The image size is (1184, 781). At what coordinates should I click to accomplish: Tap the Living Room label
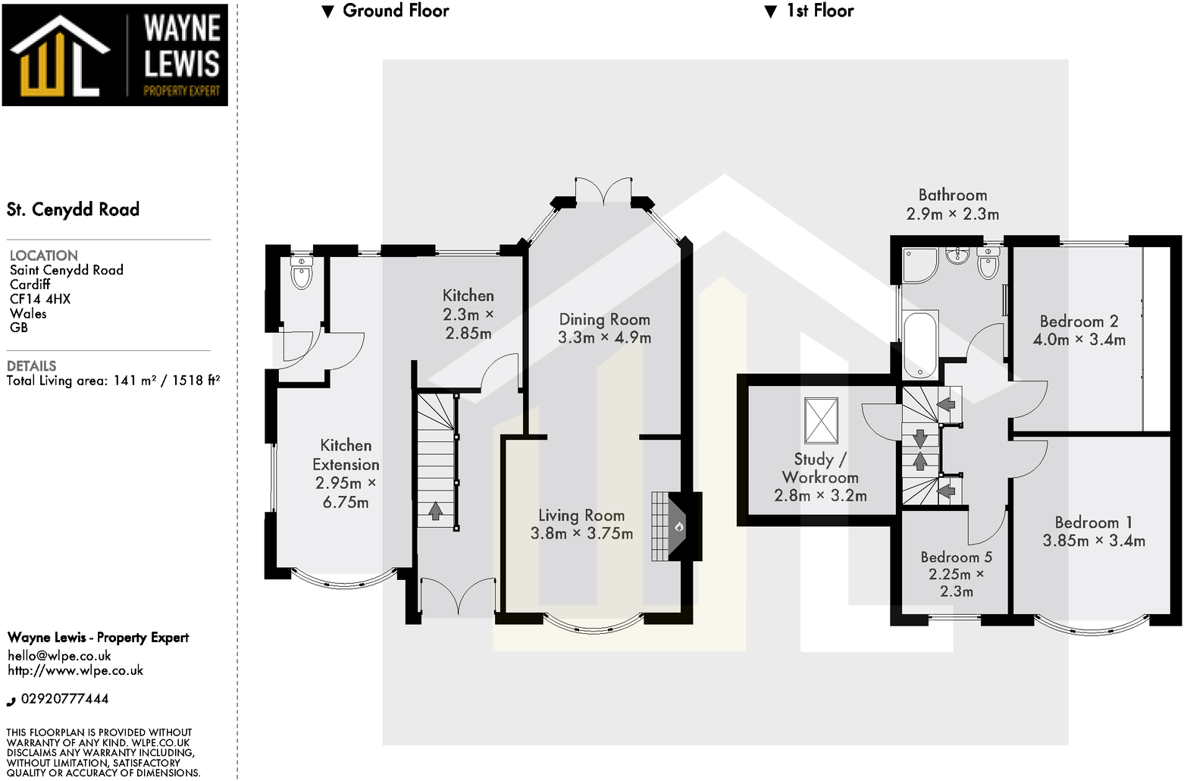click(x=581, y=516)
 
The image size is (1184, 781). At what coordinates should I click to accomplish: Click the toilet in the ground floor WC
click(x=302, y=274)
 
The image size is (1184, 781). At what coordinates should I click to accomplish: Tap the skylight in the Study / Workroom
click(x=822, y=420)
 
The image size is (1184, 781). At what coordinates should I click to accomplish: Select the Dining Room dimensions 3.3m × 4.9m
click(x=604, y=338)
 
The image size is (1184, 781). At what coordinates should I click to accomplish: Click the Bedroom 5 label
click(x=956, y=557)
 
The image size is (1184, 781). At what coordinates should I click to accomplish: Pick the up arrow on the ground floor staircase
click(x=436, y=511)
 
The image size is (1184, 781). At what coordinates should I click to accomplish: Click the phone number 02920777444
click(x=64, y=699)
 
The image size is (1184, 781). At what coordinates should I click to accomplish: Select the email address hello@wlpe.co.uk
click(x=59, y=656)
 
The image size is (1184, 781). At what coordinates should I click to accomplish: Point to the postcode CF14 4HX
click(x=40, y=299)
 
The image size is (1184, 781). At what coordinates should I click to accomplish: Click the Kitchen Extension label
click(x=346, y=455)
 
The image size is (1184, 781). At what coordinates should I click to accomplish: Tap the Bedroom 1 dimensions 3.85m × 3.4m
click(x=1094, y=541)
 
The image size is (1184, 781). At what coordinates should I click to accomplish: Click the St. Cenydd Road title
click(x=74, y=209)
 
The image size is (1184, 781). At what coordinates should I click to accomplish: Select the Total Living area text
click(x=113, y=381)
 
